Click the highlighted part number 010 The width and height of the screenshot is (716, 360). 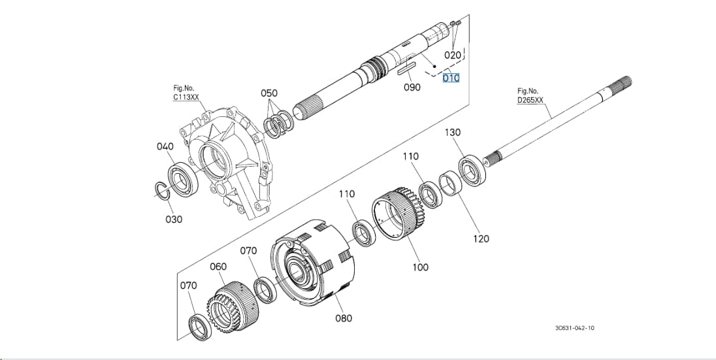tap(451, 78)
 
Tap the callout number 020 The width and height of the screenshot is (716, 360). tap(453, 56)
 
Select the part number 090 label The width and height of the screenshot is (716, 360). tap(412, 87)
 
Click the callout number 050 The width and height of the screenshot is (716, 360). tap(269, 93)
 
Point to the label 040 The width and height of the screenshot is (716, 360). tap(165, 146)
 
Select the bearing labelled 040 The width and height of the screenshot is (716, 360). tap(184, 180)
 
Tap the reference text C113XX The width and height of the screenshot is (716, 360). tap(186, 97)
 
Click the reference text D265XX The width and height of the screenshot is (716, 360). tap(530, 100)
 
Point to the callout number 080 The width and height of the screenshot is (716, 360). tap(344, 318)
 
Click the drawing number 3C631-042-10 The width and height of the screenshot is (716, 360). tap(575, 328)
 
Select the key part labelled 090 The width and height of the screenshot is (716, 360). tap(406, 70)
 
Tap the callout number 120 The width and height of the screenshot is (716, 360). tap(480, 238)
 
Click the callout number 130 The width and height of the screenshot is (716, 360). tap(453, 133)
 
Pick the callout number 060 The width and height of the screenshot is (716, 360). tap(218, 267)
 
